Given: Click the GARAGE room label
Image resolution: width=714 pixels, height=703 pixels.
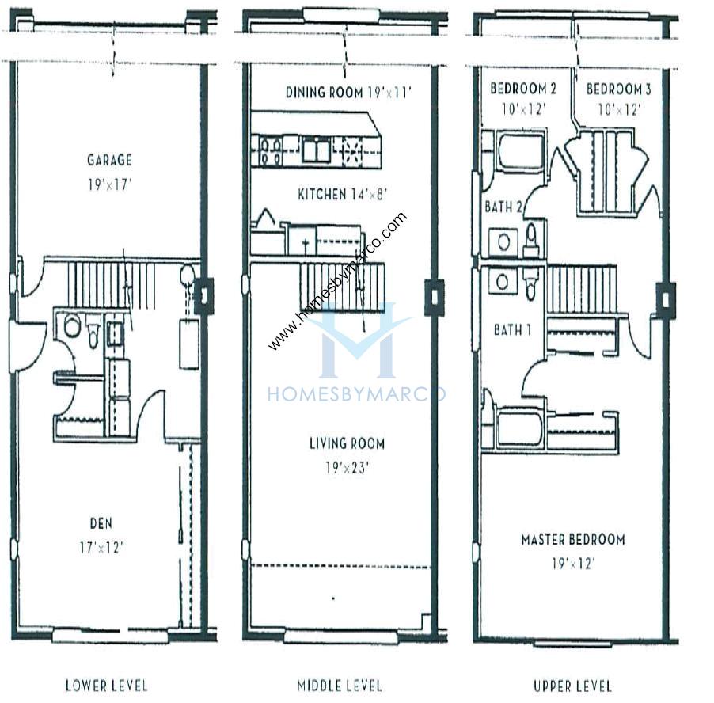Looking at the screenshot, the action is coord(109,160).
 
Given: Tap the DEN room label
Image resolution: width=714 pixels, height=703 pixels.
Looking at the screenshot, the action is coord(101,523).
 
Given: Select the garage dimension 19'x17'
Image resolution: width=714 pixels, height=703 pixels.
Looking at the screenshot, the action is coord(109,185).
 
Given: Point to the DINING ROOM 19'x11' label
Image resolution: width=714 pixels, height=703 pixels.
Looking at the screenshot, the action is coord(348,93).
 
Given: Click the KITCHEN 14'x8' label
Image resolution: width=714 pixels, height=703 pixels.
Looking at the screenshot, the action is coord(342,195).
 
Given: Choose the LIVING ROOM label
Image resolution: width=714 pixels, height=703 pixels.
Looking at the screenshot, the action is coord(347,443).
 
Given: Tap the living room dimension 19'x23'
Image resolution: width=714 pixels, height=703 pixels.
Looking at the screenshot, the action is coord(347,468).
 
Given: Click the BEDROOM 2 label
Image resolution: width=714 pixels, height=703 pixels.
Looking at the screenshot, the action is coord(523,89).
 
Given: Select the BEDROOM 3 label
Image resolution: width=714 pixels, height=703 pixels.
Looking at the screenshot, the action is coord(619,89).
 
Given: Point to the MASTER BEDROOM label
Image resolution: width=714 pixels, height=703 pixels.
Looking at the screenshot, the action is coord(573,540).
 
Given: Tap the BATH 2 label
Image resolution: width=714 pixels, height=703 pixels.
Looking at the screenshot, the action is coord(503,207).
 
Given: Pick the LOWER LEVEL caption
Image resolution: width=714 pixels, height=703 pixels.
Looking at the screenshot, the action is coord(107,686).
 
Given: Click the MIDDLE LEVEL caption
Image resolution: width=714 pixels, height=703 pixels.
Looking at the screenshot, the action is coord(340,686).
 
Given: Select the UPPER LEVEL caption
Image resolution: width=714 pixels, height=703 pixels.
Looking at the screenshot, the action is coord(573,686).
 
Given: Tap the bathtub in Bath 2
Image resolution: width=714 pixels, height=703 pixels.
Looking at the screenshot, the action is coord(520,150).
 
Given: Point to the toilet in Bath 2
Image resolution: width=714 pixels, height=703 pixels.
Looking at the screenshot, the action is coord(531,240).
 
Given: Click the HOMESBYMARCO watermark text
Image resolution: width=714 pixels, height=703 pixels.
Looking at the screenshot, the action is coord(356,393).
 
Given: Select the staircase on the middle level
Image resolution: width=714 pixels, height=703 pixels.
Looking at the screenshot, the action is coord(342,287).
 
